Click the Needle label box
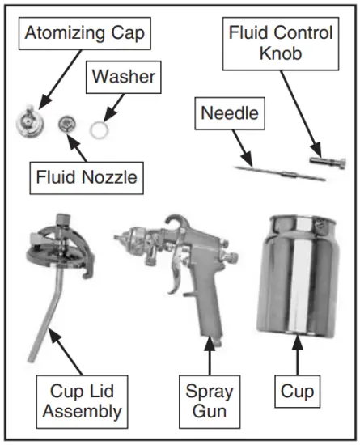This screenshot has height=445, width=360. pos(230,112)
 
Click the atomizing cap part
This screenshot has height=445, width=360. pos(28,122)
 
